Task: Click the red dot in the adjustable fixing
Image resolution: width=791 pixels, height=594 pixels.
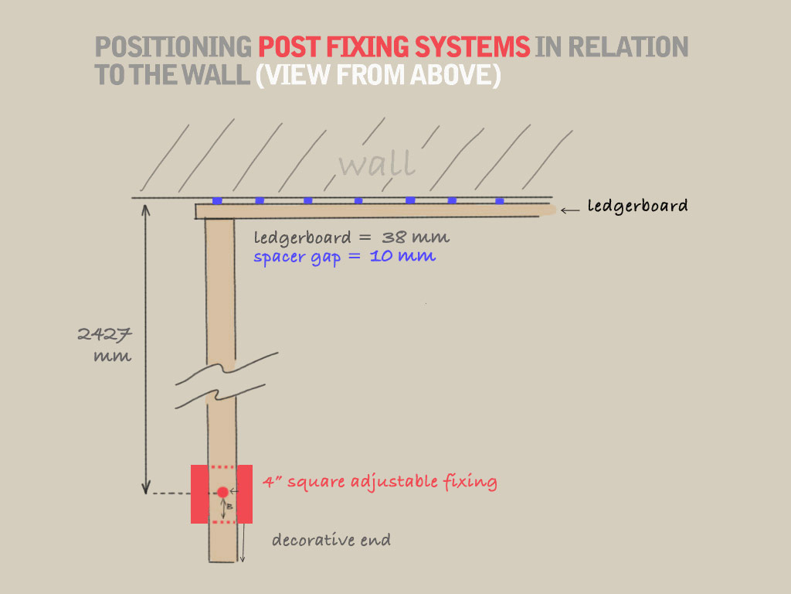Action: [222, 492]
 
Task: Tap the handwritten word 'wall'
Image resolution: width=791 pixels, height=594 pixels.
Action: [377, 163]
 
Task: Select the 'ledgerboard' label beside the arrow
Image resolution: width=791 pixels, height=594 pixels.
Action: [637, 207]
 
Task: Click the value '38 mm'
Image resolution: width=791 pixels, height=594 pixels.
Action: [416, 237]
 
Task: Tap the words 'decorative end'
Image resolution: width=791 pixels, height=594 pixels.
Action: [331, 540]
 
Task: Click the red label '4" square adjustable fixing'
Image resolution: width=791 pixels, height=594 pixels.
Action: [379, 482]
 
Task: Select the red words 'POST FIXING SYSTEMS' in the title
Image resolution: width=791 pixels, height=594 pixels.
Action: [394, 48]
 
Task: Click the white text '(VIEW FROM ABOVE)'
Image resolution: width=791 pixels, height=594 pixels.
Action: [378, 75]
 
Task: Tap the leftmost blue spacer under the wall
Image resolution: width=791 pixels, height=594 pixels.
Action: [217, 200]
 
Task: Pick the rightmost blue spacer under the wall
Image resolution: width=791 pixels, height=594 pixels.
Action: [500, 200]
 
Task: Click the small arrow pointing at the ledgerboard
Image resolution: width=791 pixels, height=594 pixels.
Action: [569, 210]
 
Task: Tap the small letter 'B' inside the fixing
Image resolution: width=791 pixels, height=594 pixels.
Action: [229, 506]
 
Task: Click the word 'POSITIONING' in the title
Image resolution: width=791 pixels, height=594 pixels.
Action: [173, 48]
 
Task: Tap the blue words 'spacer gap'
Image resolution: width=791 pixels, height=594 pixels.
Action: [297, 256]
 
